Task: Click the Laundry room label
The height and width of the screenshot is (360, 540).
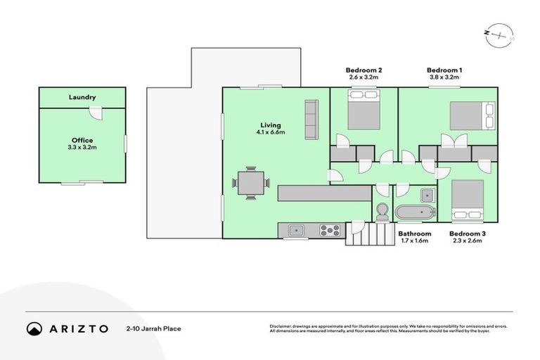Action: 82,97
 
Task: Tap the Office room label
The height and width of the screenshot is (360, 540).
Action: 82,140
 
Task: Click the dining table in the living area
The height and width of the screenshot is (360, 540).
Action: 251,183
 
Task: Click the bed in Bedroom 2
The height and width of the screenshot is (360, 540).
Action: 364,112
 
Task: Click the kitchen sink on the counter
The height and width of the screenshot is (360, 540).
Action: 297,229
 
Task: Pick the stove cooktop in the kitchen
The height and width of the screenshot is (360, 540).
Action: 330,229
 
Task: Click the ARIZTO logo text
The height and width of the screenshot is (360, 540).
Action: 78,328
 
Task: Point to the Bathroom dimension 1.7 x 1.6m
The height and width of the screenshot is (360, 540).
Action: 414,240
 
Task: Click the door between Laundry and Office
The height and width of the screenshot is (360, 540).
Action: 99,112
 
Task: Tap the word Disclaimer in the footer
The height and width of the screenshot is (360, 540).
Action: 281,326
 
